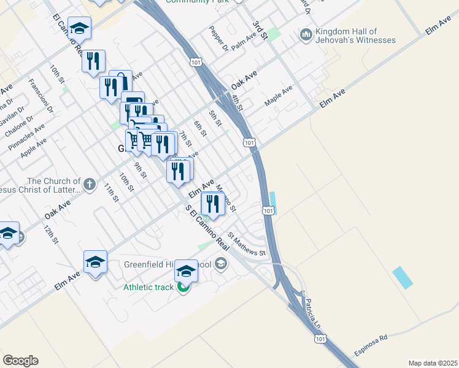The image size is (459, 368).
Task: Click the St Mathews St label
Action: point(247,243)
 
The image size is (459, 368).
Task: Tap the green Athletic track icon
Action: point(183,287)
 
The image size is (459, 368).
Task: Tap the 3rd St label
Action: point(261,32)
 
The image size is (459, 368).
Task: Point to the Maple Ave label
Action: point(279,95)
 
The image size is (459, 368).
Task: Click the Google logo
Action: point(20,361)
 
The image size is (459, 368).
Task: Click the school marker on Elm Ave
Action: point(95,263)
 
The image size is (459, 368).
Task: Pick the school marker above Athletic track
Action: point(186,270)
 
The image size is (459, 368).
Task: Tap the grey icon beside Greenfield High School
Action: point(221,264)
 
